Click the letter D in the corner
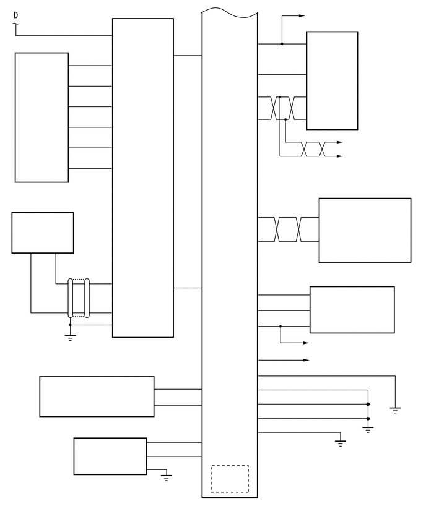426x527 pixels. [16, 15]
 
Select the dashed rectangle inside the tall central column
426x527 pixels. [230, 479]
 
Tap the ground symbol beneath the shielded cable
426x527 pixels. [70, 337]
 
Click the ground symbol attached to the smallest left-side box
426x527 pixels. [166, 477]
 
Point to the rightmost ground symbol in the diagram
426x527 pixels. [395, 409]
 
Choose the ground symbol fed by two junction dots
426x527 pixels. [368, 429]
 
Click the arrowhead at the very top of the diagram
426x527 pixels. [302, 15]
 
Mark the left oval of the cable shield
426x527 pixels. [71, 298]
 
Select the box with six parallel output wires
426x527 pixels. [41, 118]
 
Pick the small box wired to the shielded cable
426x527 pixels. [43, 233]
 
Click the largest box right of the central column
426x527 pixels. [365, 230]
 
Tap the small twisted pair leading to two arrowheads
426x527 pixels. [313, 149]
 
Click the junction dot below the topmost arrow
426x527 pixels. [282, 44]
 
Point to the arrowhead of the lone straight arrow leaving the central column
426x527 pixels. [305, 360]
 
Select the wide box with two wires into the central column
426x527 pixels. [97, 396]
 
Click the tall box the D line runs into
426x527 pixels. [142, 178]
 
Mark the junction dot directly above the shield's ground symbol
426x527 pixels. [70, 325]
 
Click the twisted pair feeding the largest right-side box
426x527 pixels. [288, 229]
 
